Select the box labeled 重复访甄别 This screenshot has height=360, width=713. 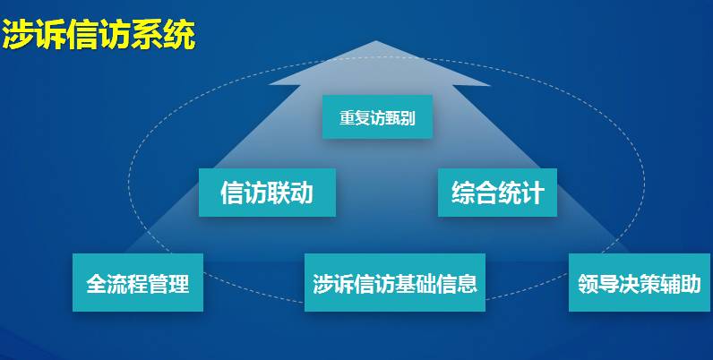(377, 117)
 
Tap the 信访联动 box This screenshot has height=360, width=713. (267, 193)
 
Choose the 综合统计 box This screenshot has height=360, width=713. (497, 193)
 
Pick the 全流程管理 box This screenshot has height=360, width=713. (137, 284)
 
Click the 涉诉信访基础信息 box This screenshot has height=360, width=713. (394, 284)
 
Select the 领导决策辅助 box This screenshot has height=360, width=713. (640, 284)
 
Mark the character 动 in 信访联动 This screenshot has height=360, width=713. (302, 193)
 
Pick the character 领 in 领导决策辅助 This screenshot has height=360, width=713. (589, 285)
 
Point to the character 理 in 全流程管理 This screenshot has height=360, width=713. (179, 285)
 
